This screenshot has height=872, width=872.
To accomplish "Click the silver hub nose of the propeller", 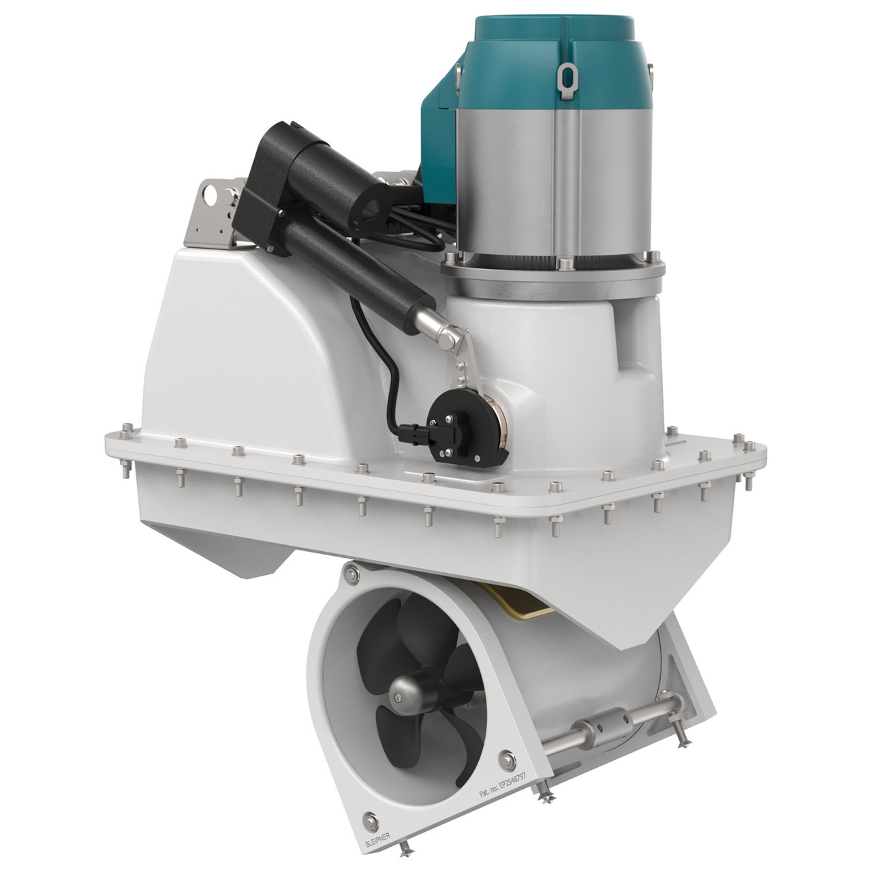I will (x=399, y=696).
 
